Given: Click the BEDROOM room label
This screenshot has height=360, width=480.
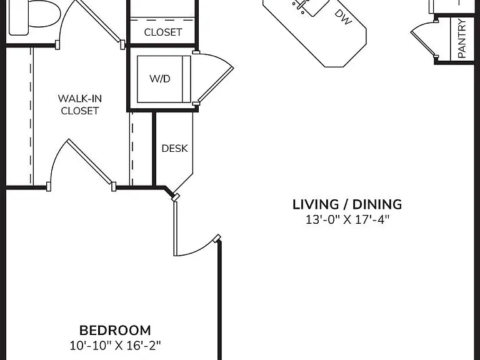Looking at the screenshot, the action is tap(115, 331).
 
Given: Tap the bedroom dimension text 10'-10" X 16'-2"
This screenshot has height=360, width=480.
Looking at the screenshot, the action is tap(115, 346).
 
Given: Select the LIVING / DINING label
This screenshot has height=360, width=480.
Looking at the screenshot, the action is tap(347, 204).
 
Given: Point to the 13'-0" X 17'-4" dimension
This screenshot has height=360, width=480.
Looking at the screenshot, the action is tap(347, 219).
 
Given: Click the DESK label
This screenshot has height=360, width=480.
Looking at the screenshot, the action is tap(174, 149).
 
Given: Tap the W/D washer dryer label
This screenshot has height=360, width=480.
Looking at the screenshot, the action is tap(160, 79).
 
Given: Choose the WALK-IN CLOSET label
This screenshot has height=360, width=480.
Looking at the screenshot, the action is tap(80, 104).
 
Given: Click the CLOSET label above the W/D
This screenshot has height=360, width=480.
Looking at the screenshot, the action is tap(163, 32).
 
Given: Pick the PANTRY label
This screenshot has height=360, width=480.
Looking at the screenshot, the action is tap(462, 38).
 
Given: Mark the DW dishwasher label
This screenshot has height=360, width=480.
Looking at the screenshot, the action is tap(344, 17).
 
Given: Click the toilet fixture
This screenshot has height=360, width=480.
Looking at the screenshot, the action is tap(34, 17).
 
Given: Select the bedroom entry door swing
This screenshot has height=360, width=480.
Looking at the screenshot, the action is tap(196, 229).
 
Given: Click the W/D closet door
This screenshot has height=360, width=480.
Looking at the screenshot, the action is tap(214, 79).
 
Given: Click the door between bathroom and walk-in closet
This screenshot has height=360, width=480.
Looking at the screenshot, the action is tap(92, 23).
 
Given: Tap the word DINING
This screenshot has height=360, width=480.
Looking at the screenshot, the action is tap(377, 204).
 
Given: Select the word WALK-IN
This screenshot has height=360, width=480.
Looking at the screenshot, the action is tap(80, 99).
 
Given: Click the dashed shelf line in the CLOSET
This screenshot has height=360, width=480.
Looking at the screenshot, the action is tap(162, 20).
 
